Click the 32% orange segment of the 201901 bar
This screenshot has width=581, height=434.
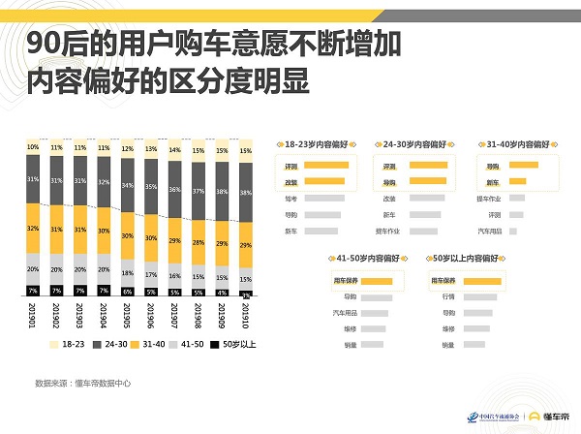33,229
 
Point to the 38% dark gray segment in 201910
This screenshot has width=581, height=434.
246,192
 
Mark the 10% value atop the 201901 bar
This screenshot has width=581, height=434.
33,147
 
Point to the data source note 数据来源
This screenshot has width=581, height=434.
78,383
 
